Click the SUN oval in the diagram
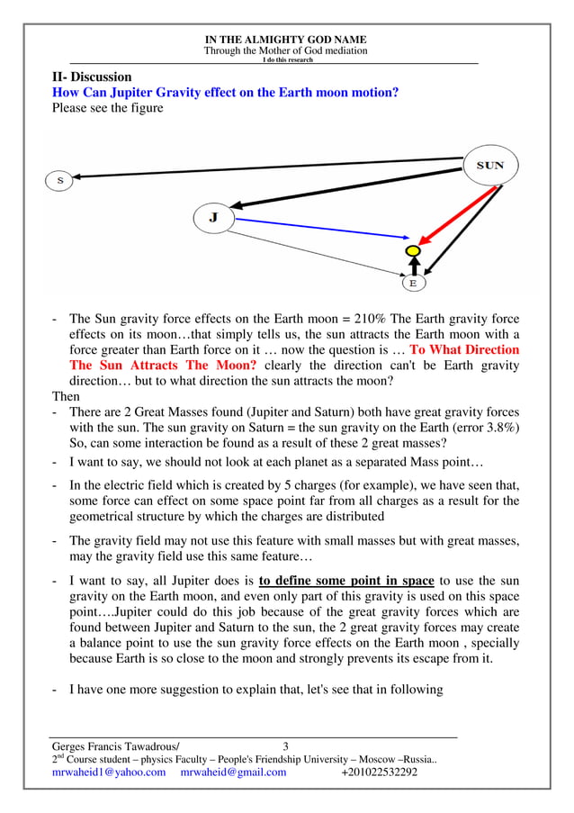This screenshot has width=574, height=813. [x=490, y=166]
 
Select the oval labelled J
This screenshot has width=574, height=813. [x=214, y=217]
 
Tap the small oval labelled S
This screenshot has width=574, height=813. [x=59, y=180]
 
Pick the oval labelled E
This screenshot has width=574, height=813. [x=413, y=283]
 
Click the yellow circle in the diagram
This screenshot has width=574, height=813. [x=413, y=249]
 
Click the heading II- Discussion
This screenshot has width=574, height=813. [x=92, y=77]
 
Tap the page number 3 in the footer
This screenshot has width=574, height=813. [x=286, y=745]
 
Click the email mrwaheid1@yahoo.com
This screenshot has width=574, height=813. [x=109, y=772]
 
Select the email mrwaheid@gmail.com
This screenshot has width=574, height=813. [x=233, y=772]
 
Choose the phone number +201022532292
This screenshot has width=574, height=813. [x=380, y=772]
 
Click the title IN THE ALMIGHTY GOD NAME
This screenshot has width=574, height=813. [x=286, y=41]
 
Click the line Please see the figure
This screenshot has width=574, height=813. [x=108, y=109]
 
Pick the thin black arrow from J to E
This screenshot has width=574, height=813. [x=315, y=249]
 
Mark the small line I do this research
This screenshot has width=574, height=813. [x=286, y=60]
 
